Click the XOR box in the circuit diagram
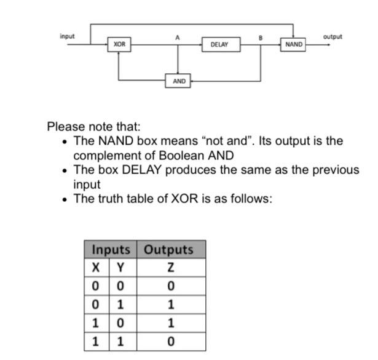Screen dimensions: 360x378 (x=119, y=44)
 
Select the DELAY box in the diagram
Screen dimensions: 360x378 (x=219, y=44)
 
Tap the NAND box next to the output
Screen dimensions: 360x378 (x=294, y=44)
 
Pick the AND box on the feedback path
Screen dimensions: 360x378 (x=179, y=81)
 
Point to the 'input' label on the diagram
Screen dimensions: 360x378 (x=67, y=36)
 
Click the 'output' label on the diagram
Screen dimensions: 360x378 (x=333, y=36)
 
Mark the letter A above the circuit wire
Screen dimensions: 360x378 (x=178, y=37)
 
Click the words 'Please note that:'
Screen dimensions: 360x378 (x=94, y=127)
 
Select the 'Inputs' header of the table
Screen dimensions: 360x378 (x=111, y=250)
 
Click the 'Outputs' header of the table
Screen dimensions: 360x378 (x=168, y=250)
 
